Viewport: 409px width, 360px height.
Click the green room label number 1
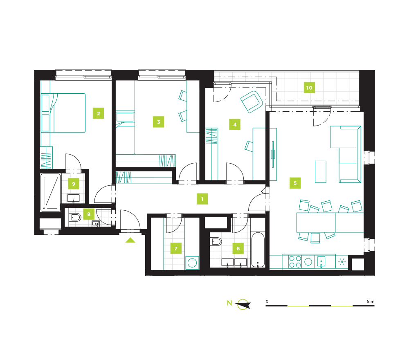click(202, 199)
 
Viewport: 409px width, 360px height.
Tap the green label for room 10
click(309, 88)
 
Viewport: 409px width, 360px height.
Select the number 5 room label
click(295, 183)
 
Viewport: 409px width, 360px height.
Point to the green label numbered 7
click(176, 248)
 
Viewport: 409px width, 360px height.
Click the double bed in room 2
click(63, 113)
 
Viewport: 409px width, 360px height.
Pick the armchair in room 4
click(252, 102)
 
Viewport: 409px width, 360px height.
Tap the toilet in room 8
click(75, 217)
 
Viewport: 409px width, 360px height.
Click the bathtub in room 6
click(258, 250)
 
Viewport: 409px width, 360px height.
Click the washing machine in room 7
click(192, 263)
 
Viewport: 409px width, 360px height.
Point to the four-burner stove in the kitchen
click(295, 262)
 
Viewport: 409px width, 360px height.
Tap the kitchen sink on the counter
click(321, 261)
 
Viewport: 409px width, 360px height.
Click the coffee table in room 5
click(321, 172)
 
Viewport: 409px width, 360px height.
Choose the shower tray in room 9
click(51, 193)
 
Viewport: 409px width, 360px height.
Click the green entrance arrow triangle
click(130, 240)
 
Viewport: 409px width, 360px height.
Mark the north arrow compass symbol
click(243, 304)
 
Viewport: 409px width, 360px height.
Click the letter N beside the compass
click(229, 303)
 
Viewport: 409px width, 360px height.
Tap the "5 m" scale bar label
click(371, 301)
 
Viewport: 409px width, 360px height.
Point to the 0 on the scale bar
click(267, 301)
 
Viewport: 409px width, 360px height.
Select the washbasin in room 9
click(74, 198)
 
